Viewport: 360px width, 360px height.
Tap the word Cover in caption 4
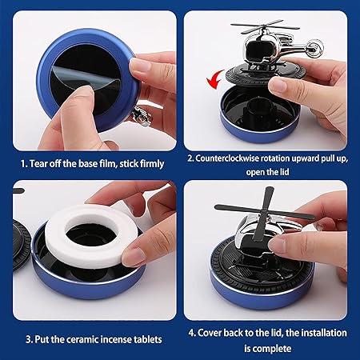point(217,333)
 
